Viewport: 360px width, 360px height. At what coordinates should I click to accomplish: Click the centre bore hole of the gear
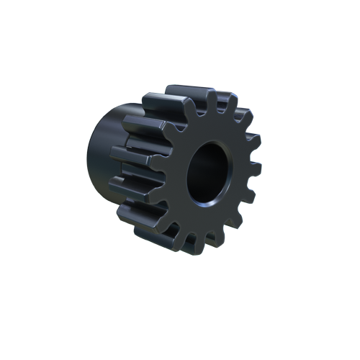tap(208, 172)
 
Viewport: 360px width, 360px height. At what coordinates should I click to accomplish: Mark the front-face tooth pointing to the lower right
tap(240, 224)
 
